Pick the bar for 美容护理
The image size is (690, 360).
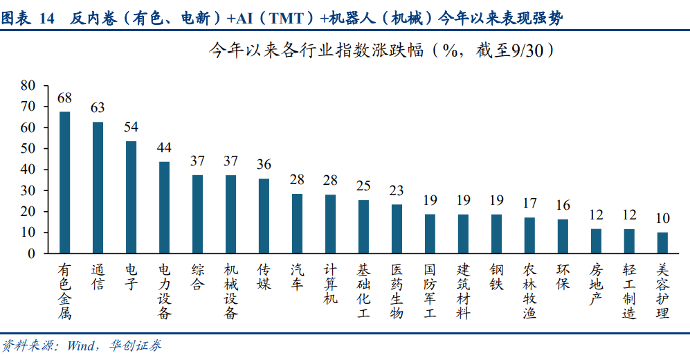coord(662,242)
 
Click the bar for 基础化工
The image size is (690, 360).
coord(363,227)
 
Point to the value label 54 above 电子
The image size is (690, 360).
coord(131,127)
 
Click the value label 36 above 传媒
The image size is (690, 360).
coord(264,164)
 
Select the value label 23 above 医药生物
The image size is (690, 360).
coord(397,190)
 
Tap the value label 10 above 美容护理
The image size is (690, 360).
coord(662,218)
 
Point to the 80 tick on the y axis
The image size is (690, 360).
coord(28,85)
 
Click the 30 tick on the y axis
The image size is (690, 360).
coord(28,190)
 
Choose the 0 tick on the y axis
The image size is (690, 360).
coord(31,253)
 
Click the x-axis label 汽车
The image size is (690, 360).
coord(297,276)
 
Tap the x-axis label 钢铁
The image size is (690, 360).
coord(496,276)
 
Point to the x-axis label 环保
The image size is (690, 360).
coord(563,276)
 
